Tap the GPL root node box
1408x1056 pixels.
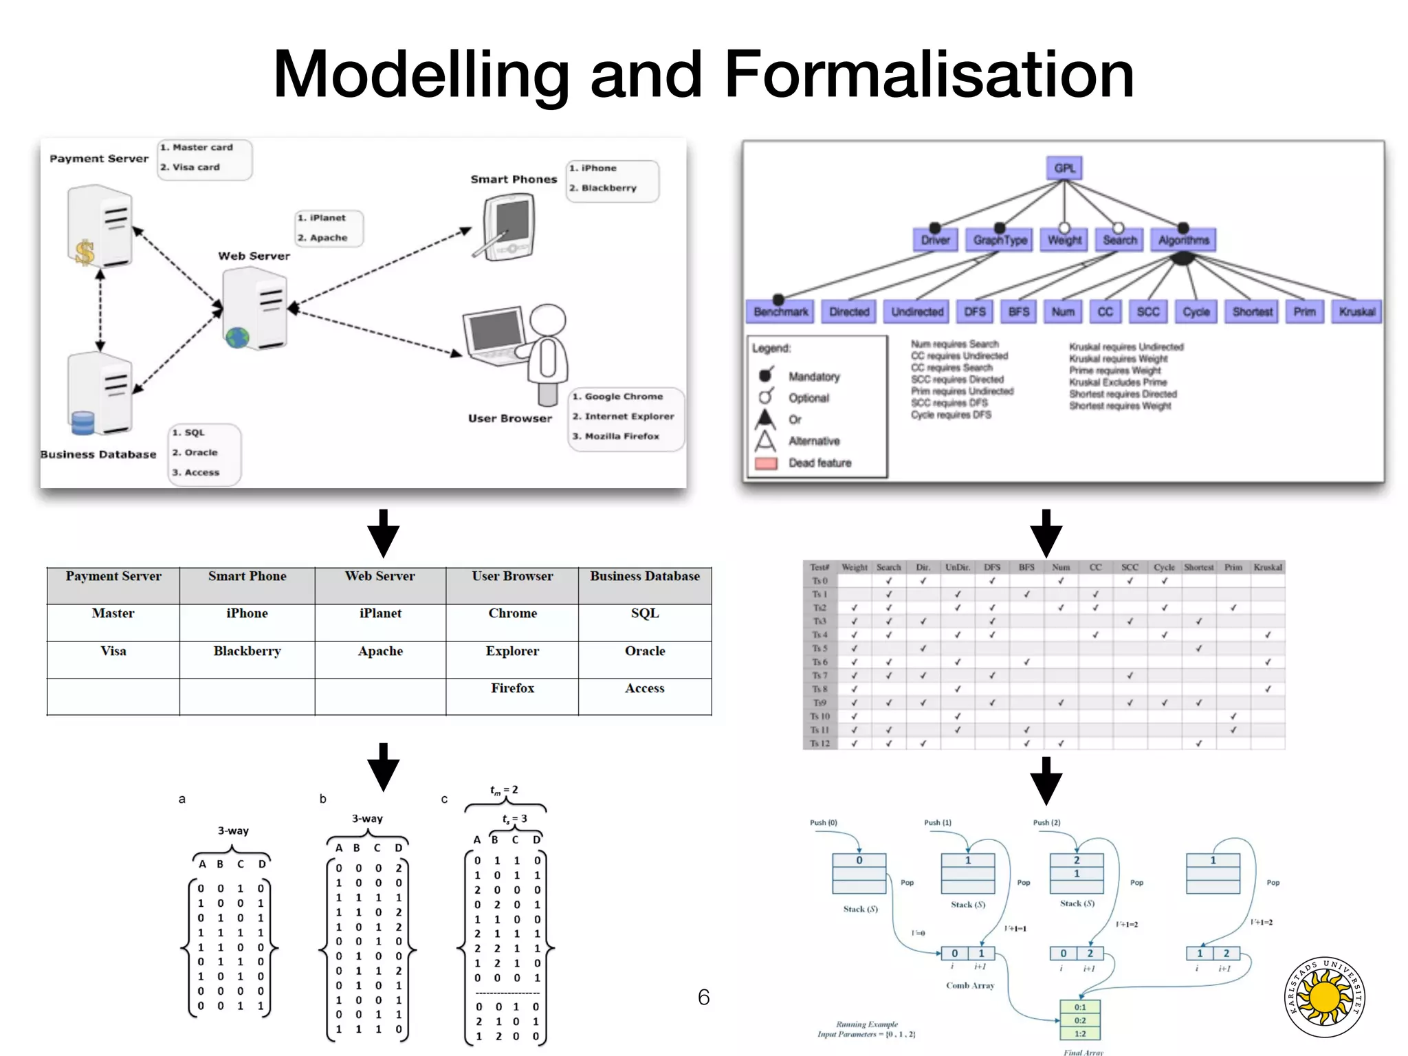pos(1064,168)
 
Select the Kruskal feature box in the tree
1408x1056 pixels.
pos(1356,311)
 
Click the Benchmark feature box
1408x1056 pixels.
pos(780,311)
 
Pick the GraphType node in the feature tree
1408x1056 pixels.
pos(1000,240)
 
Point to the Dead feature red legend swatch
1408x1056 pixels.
pos(766,463)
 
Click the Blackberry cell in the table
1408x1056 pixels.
pos(247,651)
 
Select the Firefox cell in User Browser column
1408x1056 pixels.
pos(512,688)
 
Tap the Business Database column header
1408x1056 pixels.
pos(644,576)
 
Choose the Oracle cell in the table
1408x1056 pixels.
pos(644,651)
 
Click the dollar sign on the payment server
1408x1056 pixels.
pos(85,252)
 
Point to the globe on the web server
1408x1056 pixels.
pos(237,338)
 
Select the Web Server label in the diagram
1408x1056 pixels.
pos(254,256)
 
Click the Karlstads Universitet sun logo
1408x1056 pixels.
pos(1325,998)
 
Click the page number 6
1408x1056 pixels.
pos(703,997)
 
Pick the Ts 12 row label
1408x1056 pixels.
pos(819,743)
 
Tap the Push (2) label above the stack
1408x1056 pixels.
pos(1046,822)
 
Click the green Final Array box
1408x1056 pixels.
pos(1080,1020)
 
